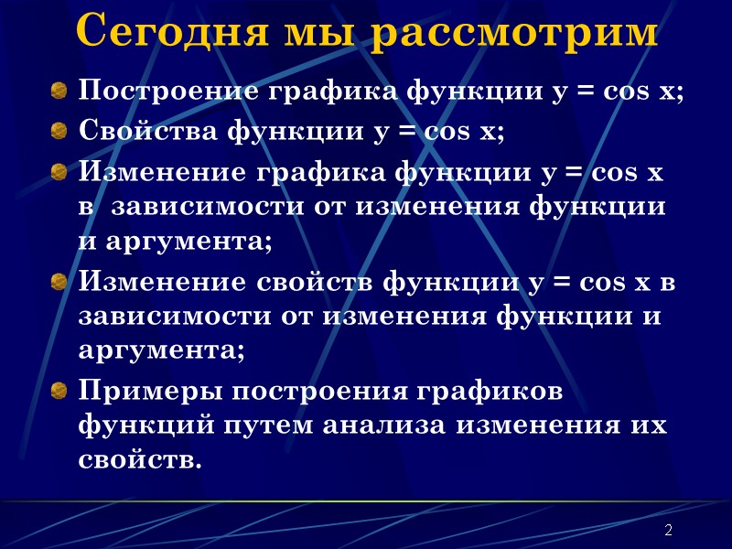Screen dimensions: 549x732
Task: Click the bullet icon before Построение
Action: [59, 91]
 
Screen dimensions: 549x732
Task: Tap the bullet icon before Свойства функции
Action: [59, 131]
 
